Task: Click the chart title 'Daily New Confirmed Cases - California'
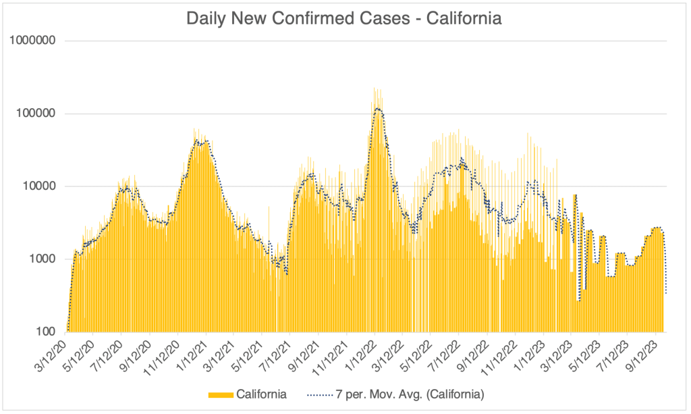click(344, 18)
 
